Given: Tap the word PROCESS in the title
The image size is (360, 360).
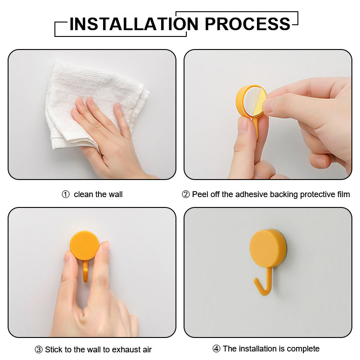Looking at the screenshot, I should click(x=247, y=24).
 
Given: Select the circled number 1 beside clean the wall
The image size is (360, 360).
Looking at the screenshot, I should click(x=66, y=194).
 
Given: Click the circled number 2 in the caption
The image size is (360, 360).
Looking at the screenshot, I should click(x=186, y=194).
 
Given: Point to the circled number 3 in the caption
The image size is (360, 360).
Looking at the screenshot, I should click(x=39, y=350).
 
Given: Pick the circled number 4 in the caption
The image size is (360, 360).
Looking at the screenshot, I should click(x=216, y=349).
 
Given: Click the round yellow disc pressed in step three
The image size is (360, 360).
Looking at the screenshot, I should click(x=84, y=246).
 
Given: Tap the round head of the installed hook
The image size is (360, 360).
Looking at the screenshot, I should click(x=268, y=247).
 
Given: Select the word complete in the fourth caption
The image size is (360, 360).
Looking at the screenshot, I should click(x=302, y=349).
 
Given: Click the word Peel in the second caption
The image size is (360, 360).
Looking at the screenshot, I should click(x=200, y=194).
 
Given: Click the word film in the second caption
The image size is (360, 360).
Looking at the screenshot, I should click(x=343, y=194).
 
